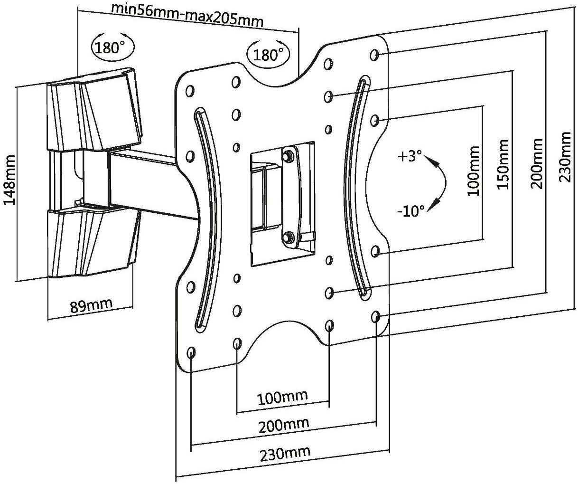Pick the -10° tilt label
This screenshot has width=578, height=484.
coord(411,210)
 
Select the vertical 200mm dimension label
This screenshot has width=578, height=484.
coord(536,164)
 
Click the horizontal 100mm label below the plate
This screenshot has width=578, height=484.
coord(283,396)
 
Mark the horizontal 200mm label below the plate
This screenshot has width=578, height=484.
coord(284,424)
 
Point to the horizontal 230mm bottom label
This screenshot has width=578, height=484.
coord(285,452)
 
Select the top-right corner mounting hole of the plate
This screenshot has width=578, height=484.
coord(374,55)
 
